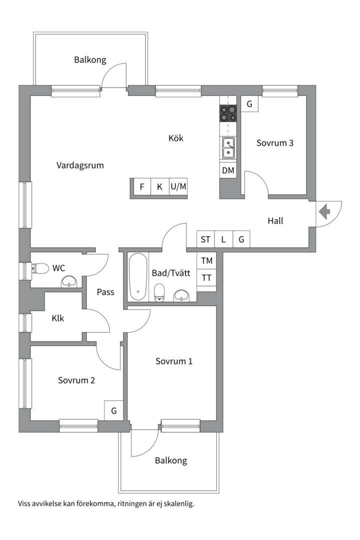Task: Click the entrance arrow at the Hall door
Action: click(324, 211)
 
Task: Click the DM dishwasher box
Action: click(228, 170)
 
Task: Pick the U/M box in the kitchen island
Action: click(178, 186)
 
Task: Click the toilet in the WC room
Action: click(40, 268)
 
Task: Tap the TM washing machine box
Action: click(206, 260)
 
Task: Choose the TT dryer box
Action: click(206, 277)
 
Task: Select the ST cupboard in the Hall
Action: click(205, 239)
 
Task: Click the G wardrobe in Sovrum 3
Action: click(249, 103)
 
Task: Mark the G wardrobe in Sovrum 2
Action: click(113, 410)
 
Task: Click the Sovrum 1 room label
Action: click(174, 361)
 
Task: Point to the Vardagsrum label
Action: click(80, 165)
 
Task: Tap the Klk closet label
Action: click(58, 318)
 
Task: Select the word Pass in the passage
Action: click(105, 292)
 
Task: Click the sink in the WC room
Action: click(70, 282)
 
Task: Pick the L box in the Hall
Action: click(223, 239)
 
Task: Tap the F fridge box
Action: click(142, 186)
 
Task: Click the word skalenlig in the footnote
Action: click(179, 504)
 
